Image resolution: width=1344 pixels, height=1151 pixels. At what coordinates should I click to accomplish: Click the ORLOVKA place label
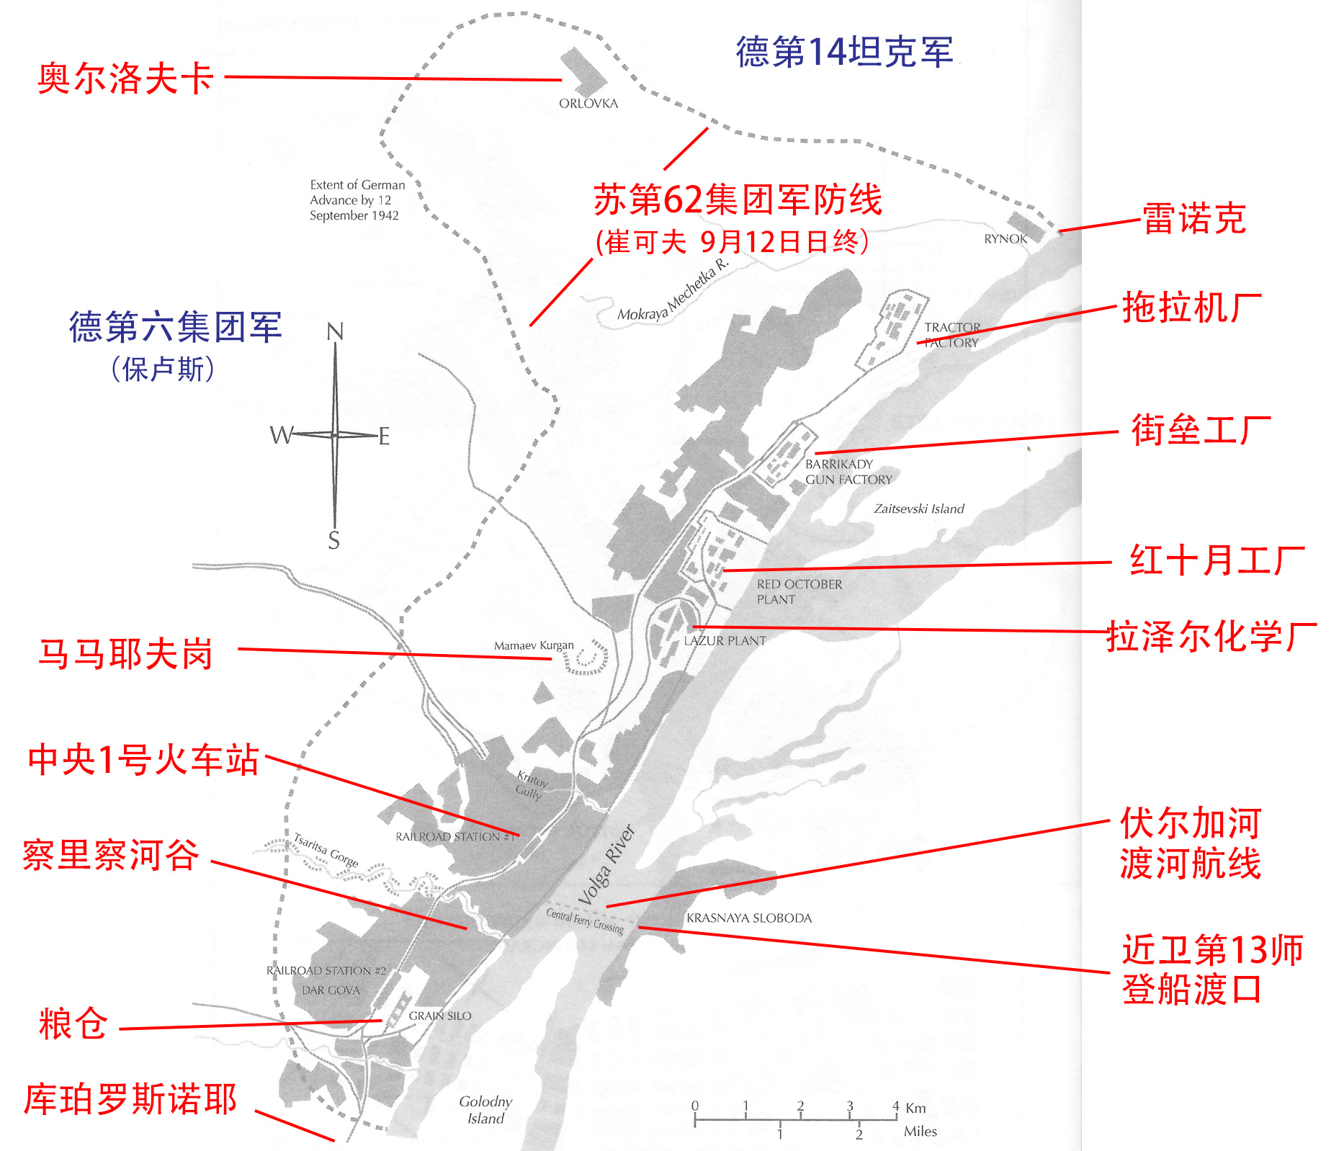pyautogui.click(x=588, y=104)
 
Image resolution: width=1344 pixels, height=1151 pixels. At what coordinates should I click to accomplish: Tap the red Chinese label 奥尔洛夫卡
pyautogui.click(x=125, y=79)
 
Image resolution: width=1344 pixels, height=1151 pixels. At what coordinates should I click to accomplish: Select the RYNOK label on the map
pyautogui.click(x=1005, y=239)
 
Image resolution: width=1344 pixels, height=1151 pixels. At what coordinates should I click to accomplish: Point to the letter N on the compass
pyautogui.click(x=335, y=331)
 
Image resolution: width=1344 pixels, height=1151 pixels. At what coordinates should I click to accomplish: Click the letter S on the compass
pyautogui.click(x=333, y=541)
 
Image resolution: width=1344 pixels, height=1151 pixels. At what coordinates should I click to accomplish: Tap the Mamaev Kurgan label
pyautogui.click(x=534, y=645)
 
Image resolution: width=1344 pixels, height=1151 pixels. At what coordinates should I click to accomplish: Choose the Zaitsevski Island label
pyautogui.click(x=919, y=509)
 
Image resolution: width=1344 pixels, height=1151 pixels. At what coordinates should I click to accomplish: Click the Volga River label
pyautogui.click(x=606, y=864)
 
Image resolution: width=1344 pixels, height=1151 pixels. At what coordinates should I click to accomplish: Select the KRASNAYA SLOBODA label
pyautogui.click(x=749, y=918)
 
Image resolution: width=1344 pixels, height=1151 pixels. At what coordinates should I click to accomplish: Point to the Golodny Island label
pyautogui.click(x=485, y=1110)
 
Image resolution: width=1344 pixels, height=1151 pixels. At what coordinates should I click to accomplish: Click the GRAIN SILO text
pyautogui.click(x=440, y=1016)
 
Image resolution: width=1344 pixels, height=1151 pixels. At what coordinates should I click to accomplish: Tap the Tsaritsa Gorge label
pyautogui.click(x=326, y=849)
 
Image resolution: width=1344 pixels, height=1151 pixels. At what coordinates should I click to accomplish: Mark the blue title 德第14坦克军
pyautogui.click(x=844, y=52)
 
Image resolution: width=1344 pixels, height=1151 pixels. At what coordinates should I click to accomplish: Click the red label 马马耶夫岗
pyautogui.click(x=125, y=654)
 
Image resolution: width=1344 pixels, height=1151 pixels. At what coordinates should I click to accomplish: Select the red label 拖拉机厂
pyautogui.click(x=1192, y=308)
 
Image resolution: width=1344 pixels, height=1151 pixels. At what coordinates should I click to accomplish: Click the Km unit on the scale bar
pyautogui.click(x=915, y=1108)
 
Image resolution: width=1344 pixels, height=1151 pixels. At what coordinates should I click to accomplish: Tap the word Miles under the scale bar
pyautogui.click(x=920, y=1132)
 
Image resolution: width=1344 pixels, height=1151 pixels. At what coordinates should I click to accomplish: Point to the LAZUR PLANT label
pyautogui.click(x=725, y=641)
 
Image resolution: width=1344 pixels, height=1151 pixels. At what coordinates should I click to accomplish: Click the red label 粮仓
pyautogui.click(x=73, y=1024)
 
